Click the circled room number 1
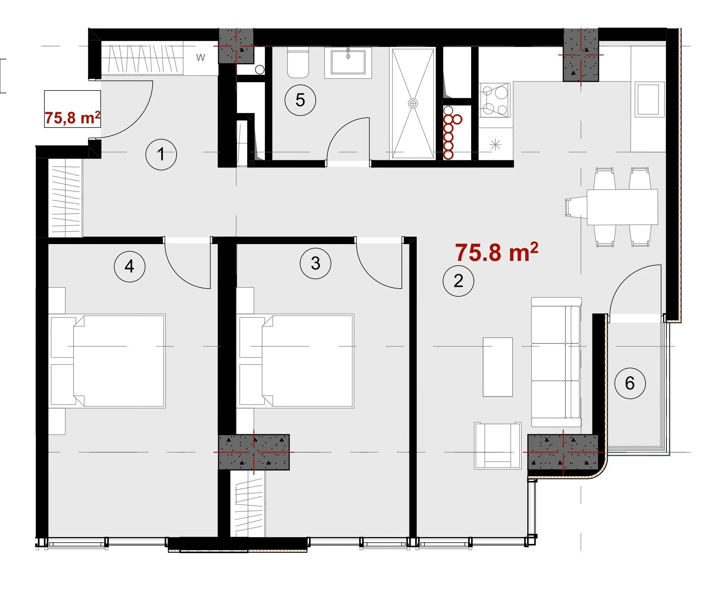tap(161, 154)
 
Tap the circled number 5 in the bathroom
tap(300, 100)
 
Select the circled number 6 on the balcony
tap(630, 383)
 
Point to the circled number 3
tap(315, 263)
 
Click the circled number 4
tap(129, 266)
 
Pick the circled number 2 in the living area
tap(458, 281)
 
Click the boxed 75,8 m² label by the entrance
tap(72, 109)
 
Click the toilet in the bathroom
tap(298, 62)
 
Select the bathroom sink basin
tap(348, 62)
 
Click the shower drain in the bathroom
tap(413, 104)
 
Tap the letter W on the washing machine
tap(201, 58)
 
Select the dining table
tap(622, 207)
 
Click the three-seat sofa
tap(556, 362)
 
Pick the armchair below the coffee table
tap(497, 446)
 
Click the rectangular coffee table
tap(498, 367)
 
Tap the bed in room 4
tap(108, 361)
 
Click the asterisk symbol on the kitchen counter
tap(495, 144)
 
